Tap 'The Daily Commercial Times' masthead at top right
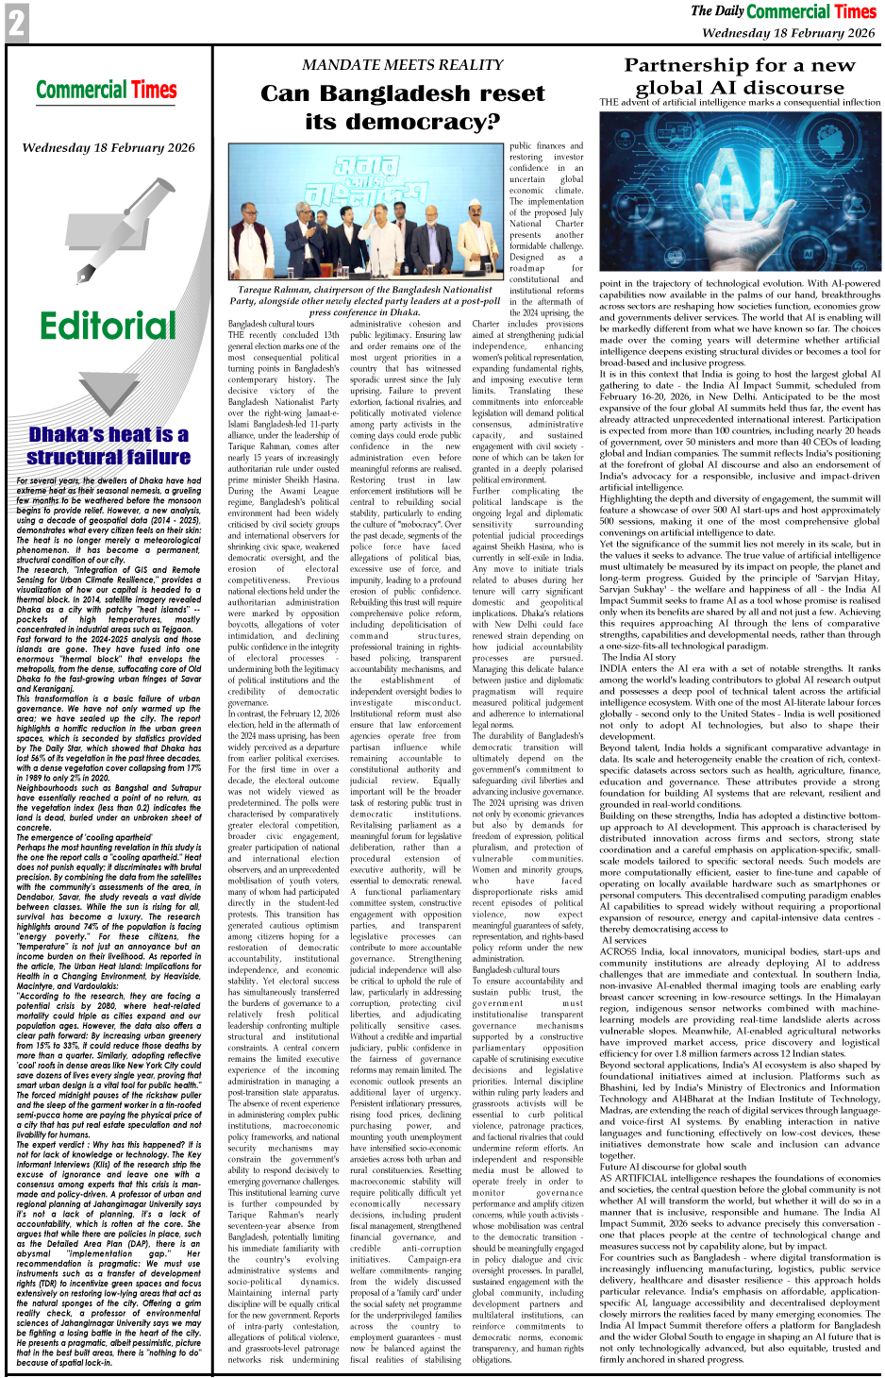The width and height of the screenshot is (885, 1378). pos(783,11)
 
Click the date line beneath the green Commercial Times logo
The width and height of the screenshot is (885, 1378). pos(109,148)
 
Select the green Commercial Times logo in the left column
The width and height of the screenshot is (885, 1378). pos(107,91)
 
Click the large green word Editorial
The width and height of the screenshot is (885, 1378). pos(109,327)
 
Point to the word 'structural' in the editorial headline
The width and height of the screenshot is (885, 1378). pos(72,457)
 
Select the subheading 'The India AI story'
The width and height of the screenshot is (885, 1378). pos(639,657)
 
